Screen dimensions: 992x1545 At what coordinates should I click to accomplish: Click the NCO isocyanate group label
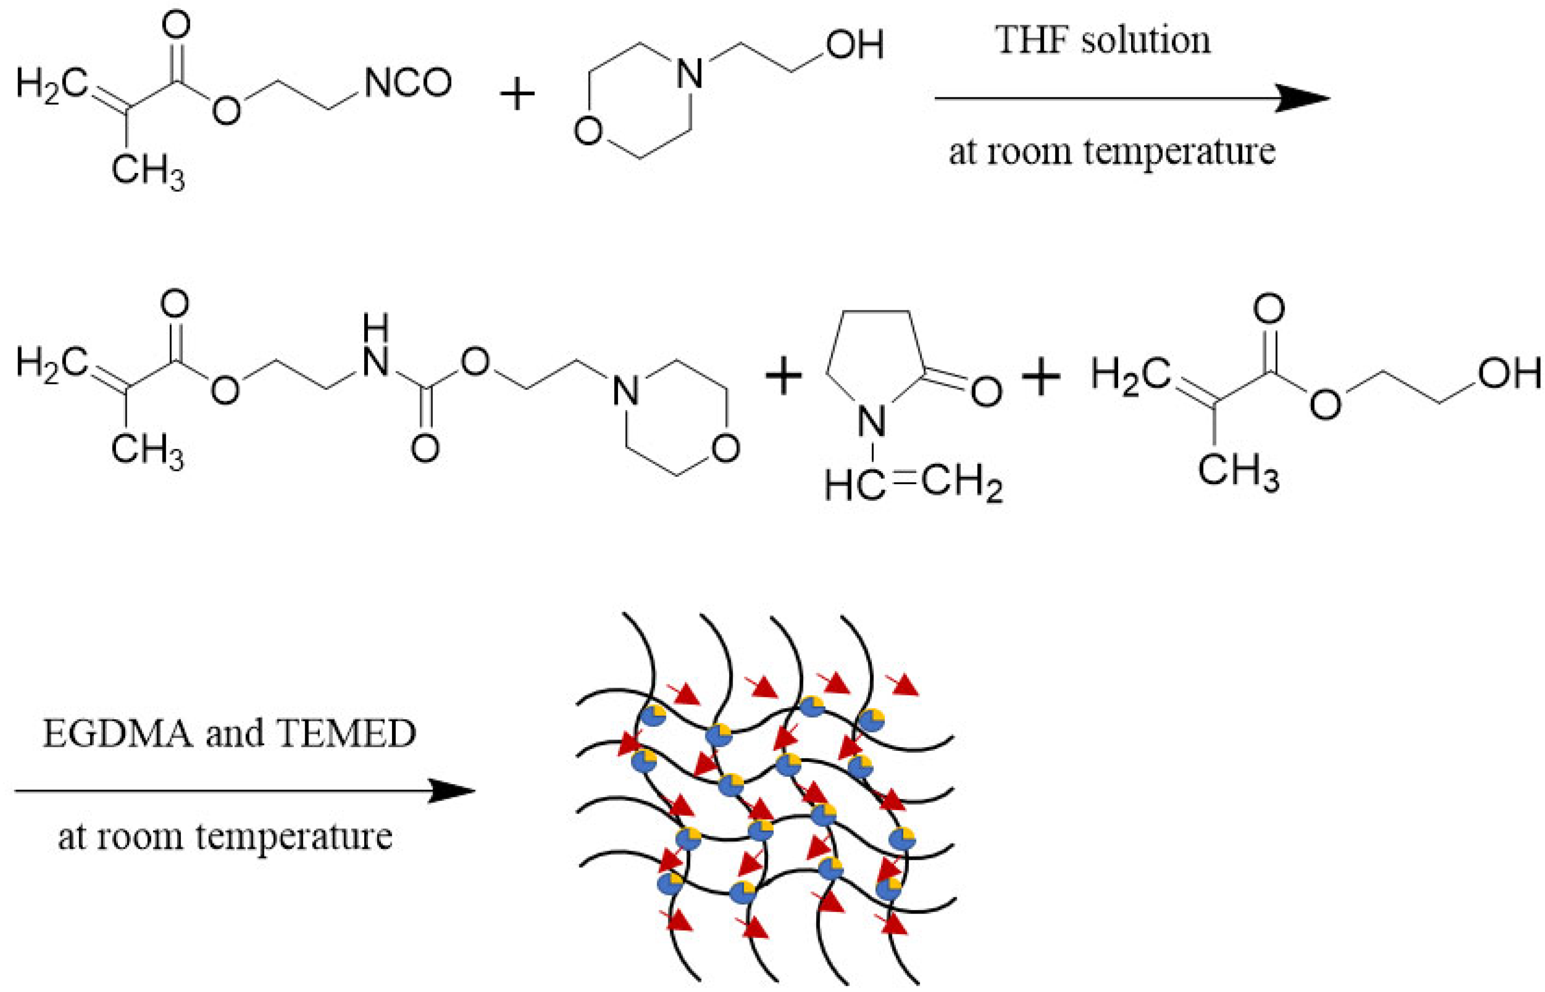pyautogui.click(x=408, y=84)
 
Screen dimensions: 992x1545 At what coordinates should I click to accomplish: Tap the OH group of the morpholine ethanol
pyautogui.click(x=855, y=45)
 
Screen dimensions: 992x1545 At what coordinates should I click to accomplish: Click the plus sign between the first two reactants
pyautogui.click(x=517, y=96)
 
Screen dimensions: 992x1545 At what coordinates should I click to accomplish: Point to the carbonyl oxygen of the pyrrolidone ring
pyautogui.click(x=986, y=391)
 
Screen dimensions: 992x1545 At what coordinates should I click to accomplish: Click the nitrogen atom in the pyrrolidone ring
pyautogui.click(x=872, y=423)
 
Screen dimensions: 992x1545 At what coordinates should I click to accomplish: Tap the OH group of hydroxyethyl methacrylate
pyautogui.click(x=1510, y=374)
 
